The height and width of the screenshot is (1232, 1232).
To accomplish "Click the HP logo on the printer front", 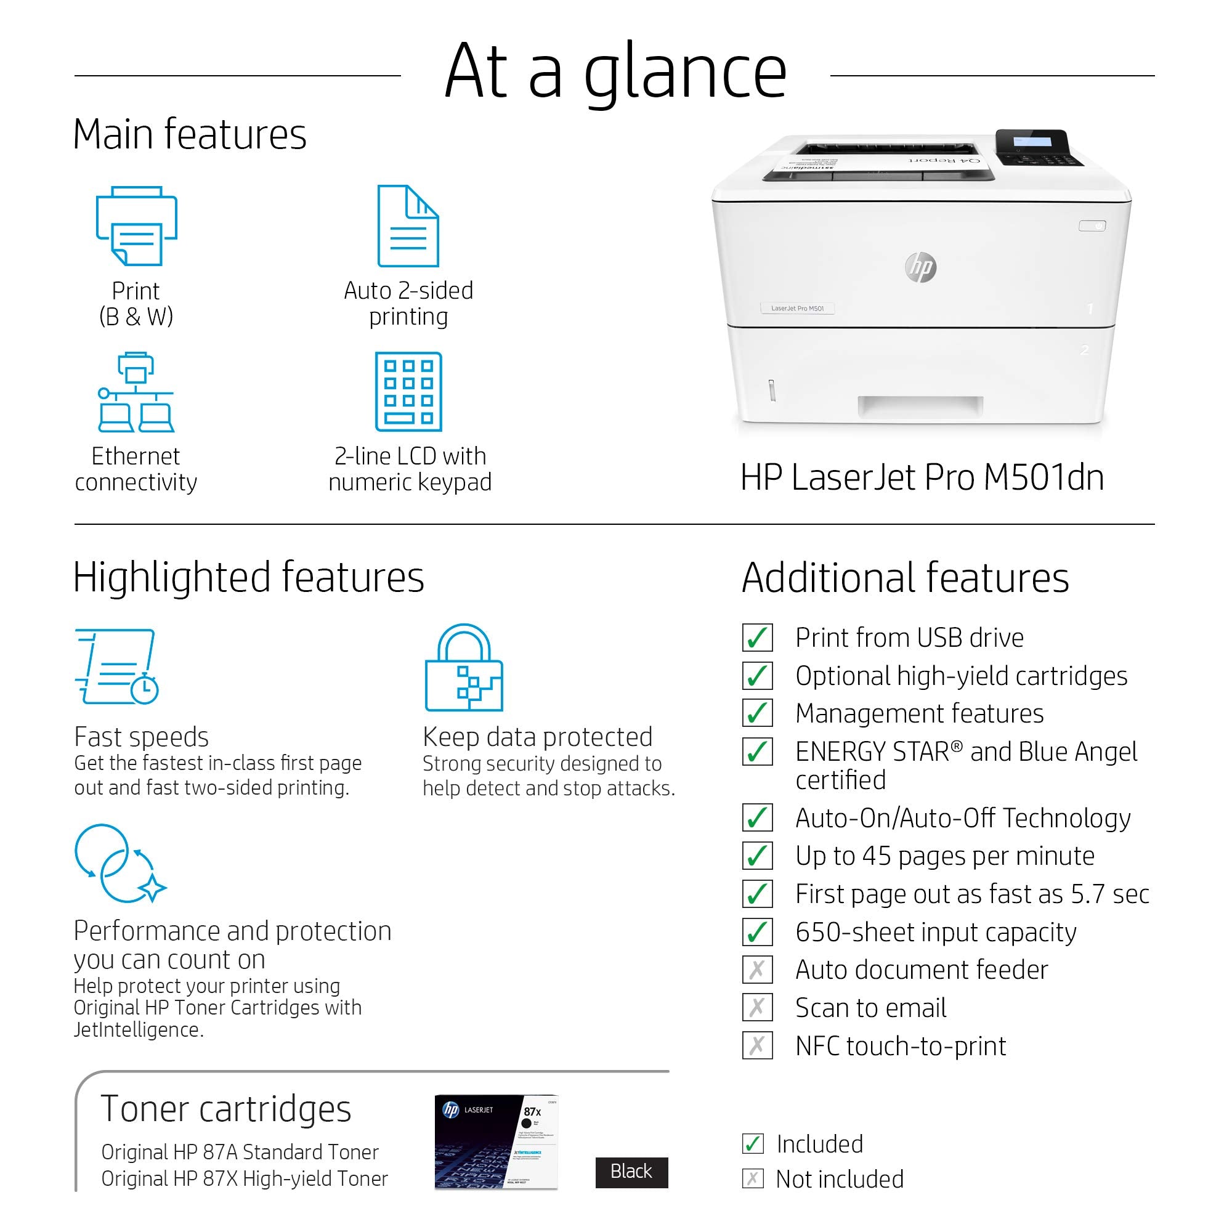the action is [921, 267].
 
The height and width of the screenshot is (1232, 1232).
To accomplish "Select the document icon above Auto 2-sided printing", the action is [408, 225].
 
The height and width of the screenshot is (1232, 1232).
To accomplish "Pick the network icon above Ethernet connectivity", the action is [136, 392].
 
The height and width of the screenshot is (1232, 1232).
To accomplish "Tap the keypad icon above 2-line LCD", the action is [408, 392].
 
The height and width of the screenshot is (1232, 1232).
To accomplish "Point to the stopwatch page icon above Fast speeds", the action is [117, 666].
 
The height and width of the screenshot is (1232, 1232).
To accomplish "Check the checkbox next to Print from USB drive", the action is [757, 638].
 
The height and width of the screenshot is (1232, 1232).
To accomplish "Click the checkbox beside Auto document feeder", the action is [757, 970].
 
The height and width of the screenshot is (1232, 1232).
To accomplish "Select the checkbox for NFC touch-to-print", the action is [757, 1046].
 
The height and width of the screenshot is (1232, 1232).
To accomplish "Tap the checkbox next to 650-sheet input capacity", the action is [757, 932].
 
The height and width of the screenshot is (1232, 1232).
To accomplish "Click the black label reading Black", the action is [631, 1172].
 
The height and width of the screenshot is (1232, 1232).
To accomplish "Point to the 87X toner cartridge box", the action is [496, 1141].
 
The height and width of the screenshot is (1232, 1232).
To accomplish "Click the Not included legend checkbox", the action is [753, 1178].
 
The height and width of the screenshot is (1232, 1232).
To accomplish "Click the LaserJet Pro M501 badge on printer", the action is [797, 309].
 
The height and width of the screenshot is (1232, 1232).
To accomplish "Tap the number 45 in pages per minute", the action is [876, 856].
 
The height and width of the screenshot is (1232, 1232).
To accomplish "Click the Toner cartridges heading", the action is [225, 1109].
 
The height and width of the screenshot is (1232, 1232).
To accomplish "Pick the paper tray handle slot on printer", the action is [920, 406].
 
